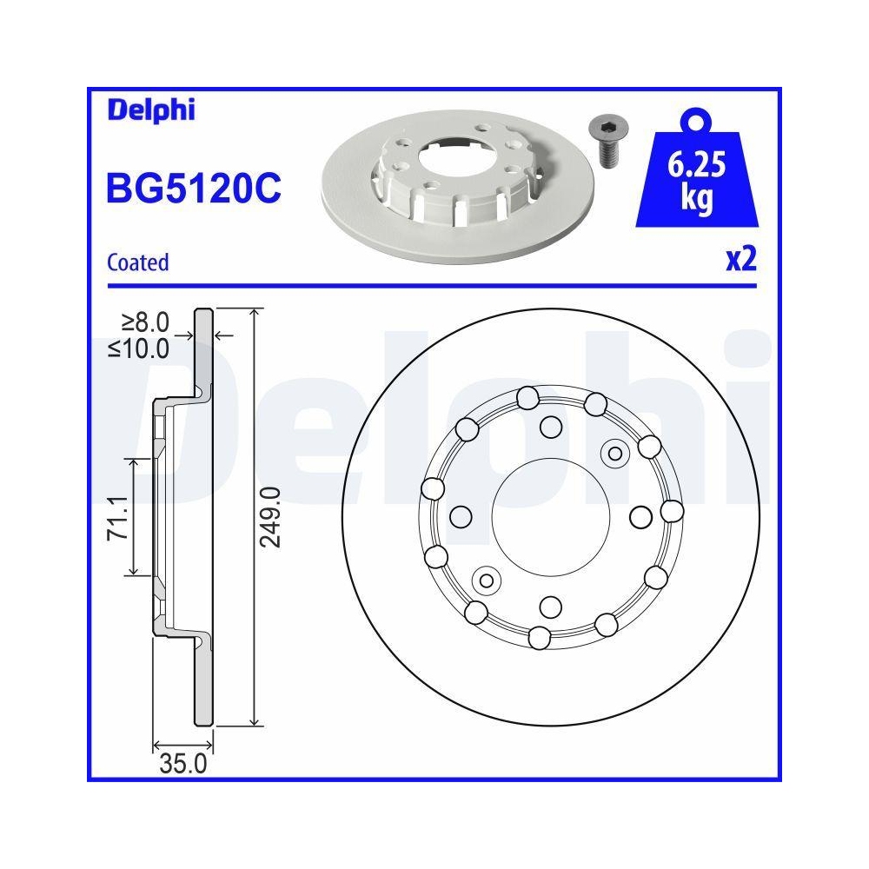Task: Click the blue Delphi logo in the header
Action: point(150,110)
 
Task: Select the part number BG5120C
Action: point(193,188)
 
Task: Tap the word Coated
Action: point(137,262)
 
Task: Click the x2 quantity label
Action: point(740,260)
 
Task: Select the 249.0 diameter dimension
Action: point(272,516)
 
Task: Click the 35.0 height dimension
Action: point(182,764)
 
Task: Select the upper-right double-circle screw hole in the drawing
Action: point(614,452)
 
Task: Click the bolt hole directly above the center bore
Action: point(550,426)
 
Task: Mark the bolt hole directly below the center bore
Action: point(550,605)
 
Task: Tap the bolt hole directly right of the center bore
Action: point(640,516)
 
